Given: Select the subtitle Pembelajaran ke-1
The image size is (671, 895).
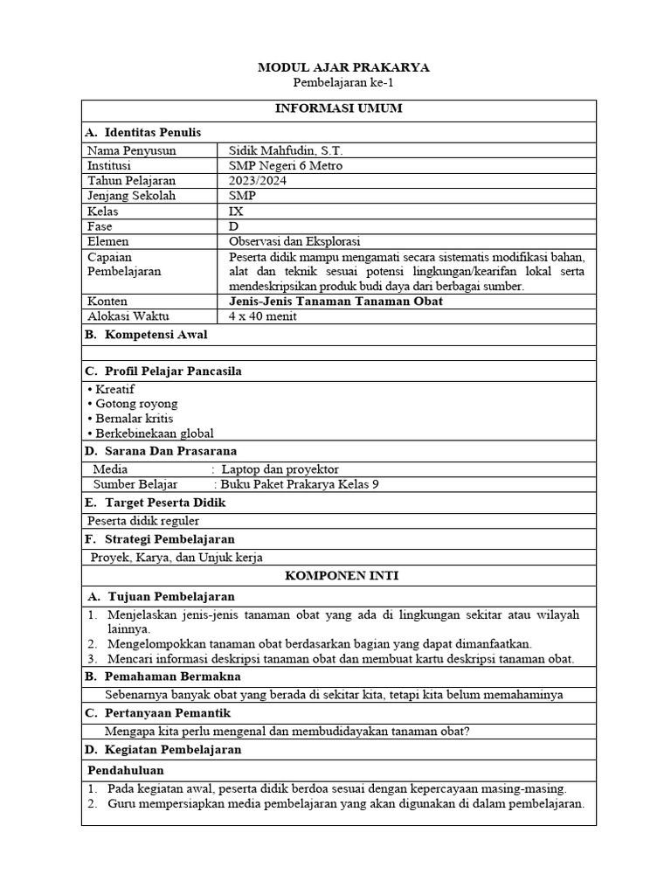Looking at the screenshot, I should point(337,82).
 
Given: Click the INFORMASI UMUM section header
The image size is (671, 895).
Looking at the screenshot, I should point(338,108).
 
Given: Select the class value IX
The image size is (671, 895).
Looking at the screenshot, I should point(235,212).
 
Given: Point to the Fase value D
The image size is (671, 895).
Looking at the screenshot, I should point(233,226).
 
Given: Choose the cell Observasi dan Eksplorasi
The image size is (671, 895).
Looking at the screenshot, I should point(294,241).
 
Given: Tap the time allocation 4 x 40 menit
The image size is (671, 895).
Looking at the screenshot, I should point(263,316).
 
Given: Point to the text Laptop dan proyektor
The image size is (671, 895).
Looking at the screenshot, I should point(280,469).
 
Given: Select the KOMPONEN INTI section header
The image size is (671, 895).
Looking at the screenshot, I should point(338,575).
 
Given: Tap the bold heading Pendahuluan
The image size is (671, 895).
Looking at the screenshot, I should point(126,770).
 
